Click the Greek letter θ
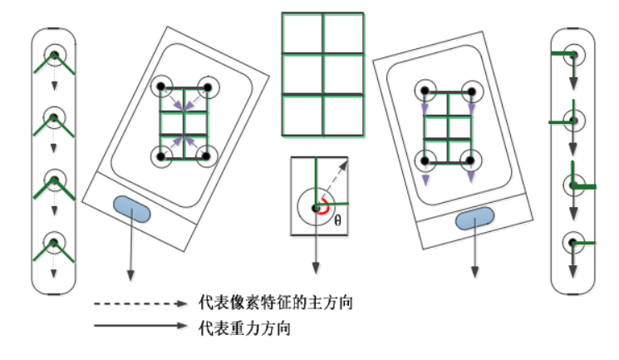[337, 221]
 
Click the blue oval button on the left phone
[132, 209]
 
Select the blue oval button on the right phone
[475, 219]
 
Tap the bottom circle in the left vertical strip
[54, 243]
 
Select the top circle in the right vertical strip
[573, 56]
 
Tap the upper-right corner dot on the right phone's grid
[471, 90]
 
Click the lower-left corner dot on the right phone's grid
[425, 159]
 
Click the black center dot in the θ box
[315, 208]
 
